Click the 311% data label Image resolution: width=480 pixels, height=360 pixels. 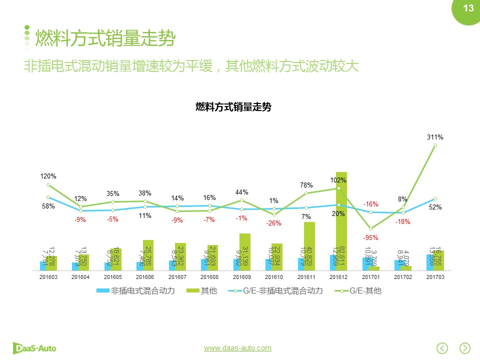click(435, 137)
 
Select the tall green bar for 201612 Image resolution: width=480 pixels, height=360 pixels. click(341, 220)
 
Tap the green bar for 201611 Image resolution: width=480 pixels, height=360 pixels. click(309, 245)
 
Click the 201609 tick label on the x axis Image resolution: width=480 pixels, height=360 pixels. click(241, 276)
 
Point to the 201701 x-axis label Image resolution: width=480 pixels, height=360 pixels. click(370, 276)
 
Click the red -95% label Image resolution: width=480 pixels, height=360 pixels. click(371, 238)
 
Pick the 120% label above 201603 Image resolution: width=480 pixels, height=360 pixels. click(48, 176)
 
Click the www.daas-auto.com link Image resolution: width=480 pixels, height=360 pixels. click(237, 348)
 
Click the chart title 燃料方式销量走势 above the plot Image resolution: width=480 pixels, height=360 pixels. click(233, 106)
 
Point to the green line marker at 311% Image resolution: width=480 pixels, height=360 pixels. click(435, 145)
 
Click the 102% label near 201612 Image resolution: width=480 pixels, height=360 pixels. click(338, 180)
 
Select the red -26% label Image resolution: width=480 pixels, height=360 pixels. click(274, 223)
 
